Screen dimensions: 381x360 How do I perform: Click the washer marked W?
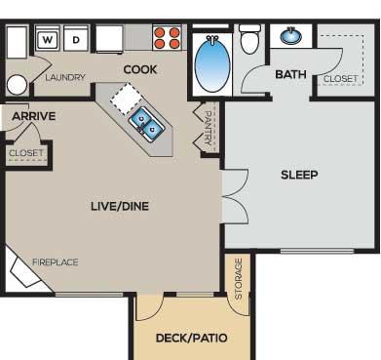tap(47, 39)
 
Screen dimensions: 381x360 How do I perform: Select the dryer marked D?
tap(76, 39)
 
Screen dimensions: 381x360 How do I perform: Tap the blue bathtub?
tap(212, 64)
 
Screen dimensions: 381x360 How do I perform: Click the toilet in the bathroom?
tap(249, 39)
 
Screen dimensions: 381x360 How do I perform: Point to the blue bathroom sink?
tap(290, 35)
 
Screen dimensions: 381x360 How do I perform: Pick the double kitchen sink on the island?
tap(146, 125)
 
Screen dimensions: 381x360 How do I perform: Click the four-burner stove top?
tap(167, 37)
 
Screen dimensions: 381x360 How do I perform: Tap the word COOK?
tap(140, 69)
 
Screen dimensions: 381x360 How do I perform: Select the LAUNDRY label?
tap(65, 77)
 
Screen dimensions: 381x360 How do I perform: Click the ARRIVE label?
tap(33, 116)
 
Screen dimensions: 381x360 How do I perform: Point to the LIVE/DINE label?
tap(120, 206)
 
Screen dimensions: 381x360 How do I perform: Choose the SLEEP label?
tap(299, 175)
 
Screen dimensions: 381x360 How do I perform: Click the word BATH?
tap(290, 74)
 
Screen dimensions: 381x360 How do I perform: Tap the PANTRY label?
tap(208, 128)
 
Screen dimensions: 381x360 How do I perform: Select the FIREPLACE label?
tap(56, 262)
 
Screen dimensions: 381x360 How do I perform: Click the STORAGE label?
tap(239, 279)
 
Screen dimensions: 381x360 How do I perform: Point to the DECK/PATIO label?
tap(191, 338)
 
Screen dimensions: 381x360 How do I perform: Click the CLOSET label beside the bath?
tap(340, 79)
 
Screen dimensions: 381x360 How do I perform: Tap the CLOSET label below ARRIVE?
tap(26, 153)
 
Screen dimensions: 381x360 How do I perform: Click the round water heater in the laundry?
tap(17, 85)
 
